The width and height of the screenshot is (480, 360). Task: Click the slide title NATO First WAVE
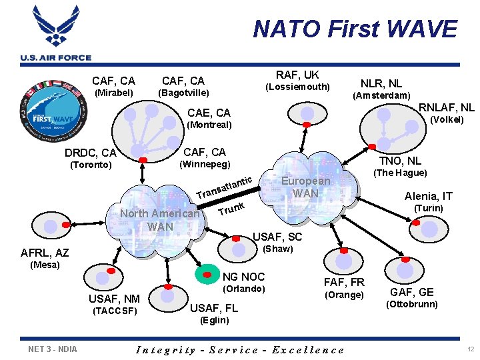(355, 29)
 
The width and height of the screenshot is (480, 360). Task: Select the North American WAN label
(160, 220)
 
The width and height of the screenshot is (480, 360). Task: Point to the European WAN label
(306, 187)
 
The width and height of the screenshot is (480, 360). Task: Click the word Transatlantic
(225, 187)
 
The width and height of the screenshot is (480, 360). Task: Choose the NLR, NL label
(381, 83)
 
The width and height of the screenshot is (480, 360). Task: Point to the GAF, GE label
(412, 292)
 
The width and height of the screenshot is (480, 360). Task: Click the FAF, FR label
(344, 282)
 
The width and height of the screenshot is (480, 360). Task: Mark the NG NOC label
(244, 277)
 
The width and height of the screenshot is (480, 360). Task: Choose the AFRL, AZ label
(45, 253)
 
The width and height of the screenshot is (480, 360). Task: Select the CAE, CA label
(209, 113)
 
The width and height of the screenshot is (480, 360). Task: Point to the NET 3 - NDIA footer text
(53, 349)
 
